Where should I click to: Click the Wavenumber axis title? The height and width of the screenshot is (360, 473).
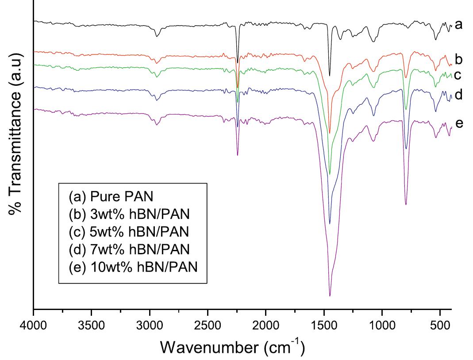point(232,346)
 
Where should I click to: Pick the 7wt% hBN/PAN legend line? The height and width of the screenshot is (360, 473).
point(129,249)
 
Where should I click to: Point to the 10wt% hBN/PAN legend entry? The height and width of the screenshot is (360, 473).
point(132,268)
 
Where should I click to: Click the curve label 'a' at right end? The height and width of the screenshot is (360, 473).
point(458,24)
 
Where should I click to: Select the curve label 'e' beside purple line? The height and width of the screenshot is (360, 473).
point(459,123)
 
